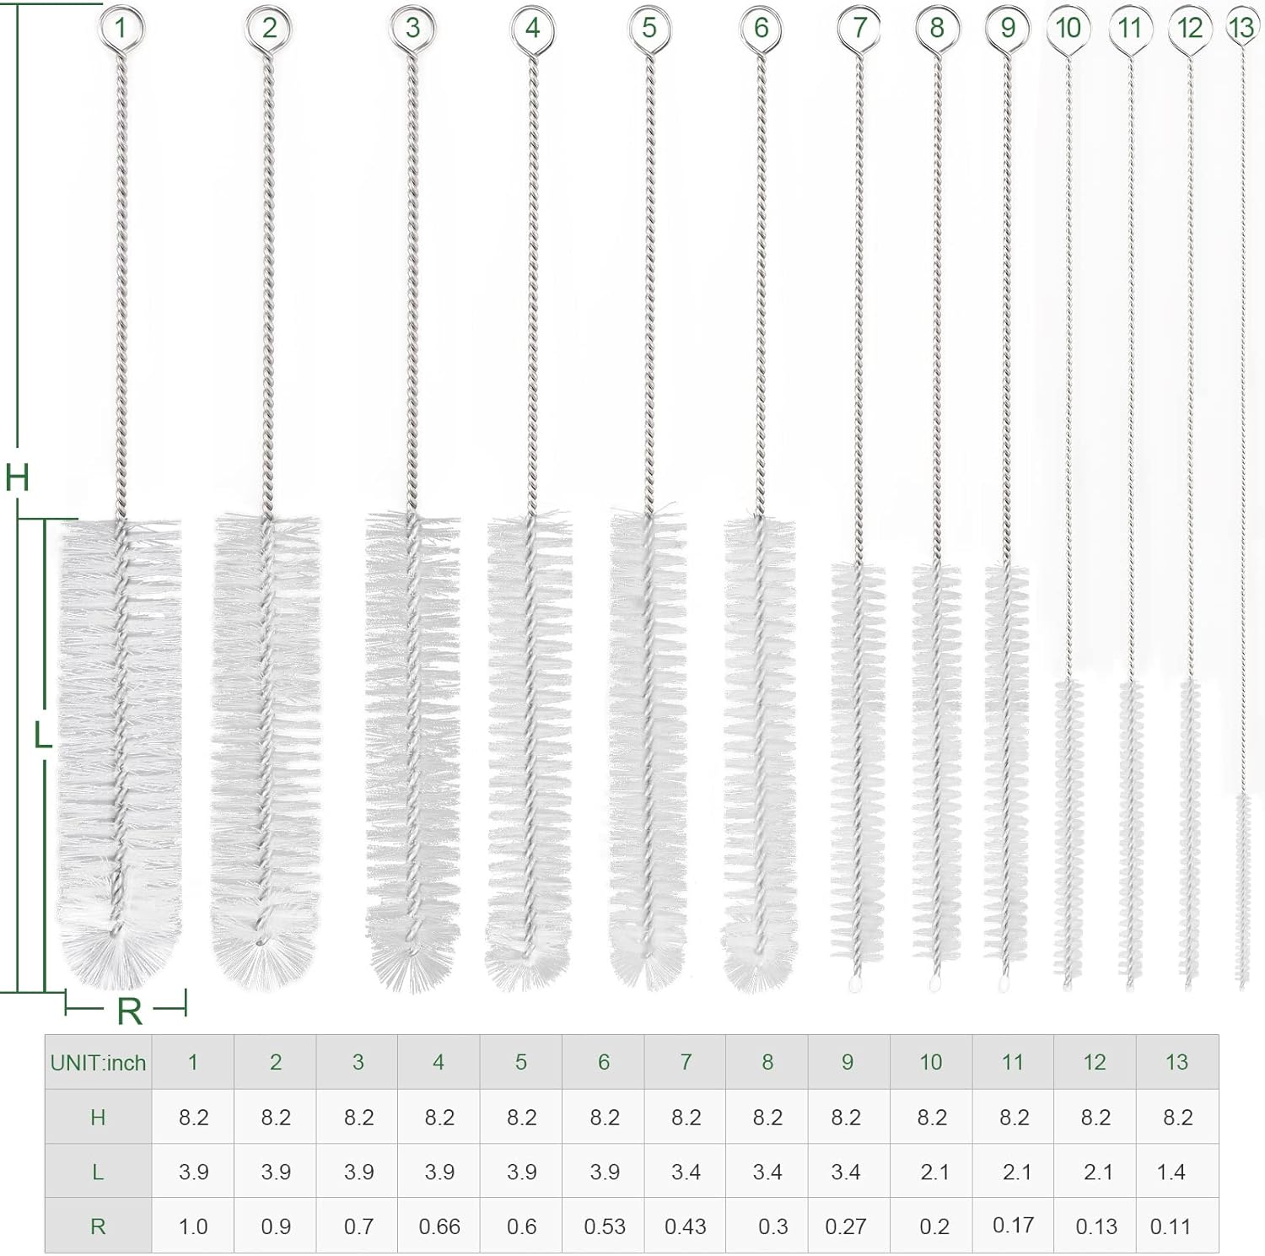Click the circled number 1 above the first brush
tap(120, 28)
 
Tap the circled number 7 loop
tap(859, 28)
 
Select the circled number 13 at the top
tap(1241, 28)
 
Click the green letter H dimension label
tap(17, 477)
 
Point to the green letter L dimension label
tap(42, 736)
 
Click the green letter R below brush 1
tap(129, 1011)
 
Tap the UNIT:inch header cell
tap(98, 1063)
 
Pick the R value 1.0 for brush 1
tap(193, 1226)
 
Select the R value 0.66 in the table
tap(439, 1226)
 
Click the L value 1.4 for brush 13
tap(1171, 1172)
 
